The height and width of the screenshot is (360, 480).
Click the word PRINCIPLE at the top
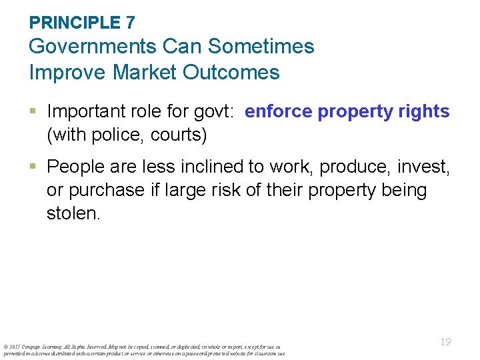click(74, 22)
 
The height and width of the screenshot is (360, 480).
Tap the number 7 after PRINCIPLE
click(130, 22)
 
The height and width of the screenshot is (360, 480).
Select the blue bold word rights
click(423, 111)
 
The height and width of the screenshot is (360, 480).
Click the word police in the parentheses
click(110, 135)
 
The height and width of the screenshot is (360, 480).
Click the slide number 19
click(445, 341)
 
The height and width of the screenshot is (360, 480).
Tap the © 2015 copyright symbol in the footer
click(5, 347)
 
